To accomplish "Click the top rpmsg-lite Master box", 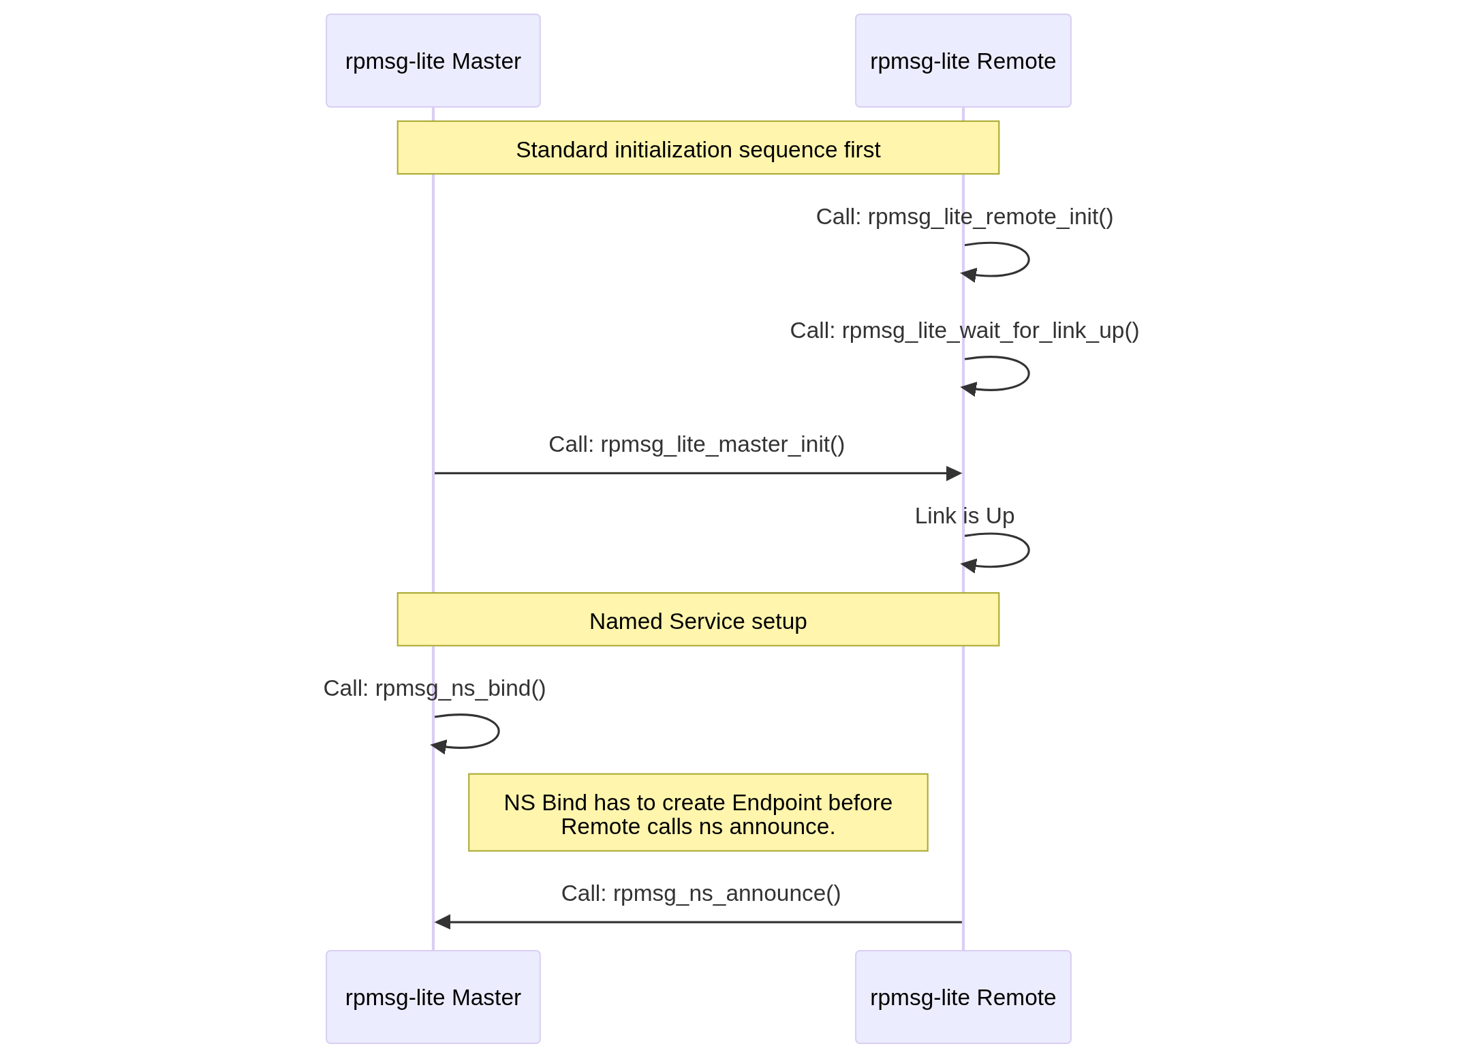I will coord(433,61).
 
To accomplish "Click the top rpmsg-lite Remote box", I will coord(963,61).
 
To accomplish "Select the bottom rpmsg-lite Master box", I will coord(433,997).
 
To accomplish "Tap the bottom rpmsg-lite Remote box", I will coord(963,997).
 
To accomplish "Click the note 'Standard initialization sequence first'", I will coord(698,149).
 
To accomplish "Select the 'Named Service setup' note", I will coord(698,620).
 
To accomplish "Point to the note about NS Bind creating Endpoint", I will coord(698,813).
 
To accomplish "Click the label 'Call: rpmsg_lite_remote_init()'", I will coord(964,217).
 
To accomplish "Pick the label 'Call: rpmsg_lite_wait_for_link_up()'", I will coord(964,331).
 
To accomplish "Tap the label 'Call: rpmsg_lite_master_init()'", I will coord(696,444).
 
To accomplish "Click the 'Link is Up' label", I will coord(964,516).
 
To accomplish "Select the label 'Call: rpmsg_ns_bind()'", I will coord(434,688).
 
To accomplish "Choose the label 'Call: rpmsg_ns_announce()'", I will coord(700,893).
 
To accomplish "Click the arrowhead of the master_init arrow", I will coord(954,473).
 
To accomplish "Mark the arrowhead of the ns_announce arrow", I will coord(443,922).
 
